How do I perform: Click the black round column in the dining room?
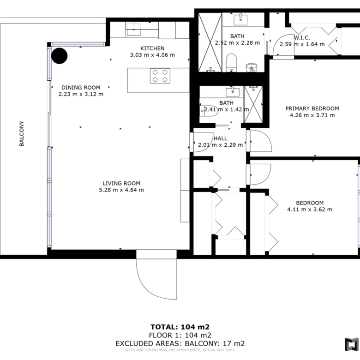click(59, 56)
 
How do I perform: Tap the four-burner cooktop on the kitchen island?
click(160, 76)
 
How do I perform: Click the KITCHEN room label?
click(152, 48)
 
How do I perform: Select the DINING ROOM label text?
click(81, 88)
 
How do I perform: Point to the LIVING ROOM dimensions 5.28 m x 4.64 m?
click(121, 190)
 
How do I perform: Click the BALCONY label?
click(22, 133)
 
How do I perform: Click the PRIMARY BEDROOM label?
click(312, 108)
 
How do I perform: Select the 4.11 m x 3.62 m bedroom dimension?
click(310, 210)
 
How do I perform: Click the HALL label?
click(221, 138)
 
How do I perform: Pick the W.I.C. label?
click(302, 38)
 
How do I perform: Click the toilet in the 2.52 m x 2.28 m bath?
click(231, 63)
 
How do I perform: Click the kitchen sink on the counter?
click(134, 30)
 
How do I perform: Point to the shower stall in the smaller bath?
click(253, 104)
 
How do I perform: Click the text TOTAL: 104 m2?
click(180, 327)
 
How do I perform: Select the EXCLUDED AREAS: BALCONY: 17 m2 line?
click(180, 343)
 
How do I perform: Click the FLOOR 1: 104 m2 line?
click(180, 335)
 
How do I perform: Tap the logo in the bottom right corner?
click(352, 344)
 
